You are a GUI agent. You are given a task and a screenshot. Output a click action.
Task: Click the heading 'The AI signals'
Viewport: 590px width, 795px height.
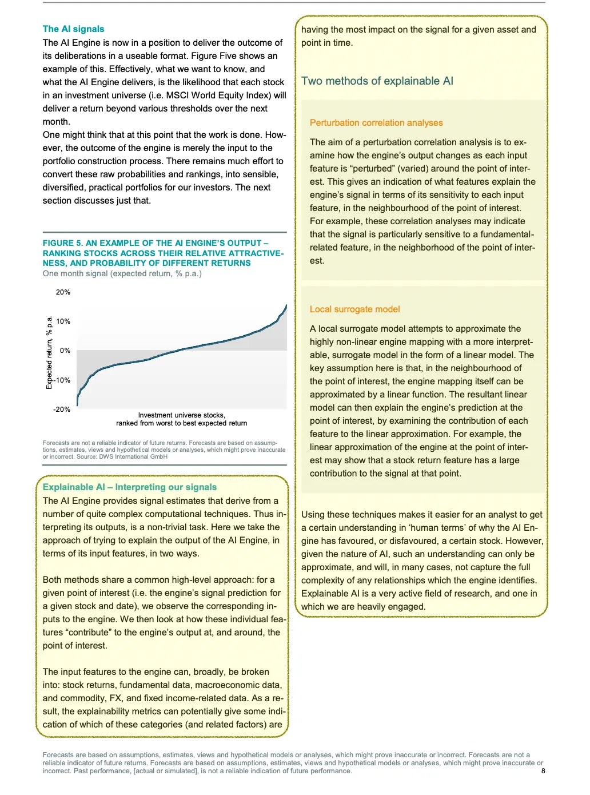tap(73, 29)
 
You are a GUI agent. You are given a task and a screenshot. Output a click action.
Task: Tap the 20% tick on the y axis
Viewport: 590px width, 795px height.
tap(63, 292)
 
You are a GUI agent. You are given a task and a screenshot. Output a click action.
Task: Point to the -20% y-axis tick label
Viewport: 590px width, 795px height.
tap(62, 410)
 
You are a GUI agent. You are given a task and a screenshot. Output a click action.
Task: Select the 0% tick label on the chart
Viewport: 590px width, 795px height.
tap(65, 351)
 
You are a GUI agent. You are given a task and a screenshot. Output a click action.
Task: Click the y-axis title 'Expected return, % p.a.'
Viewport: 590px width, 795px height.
tap(49, 353)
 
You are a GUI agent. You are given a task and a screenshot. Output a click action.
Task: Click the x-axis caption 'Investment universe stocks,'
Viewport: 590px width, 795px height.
tap(181, 415)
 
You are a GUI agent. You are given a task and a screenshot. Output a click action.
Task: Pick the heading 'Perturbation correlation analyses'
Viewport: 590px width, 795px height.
tap(376, 123)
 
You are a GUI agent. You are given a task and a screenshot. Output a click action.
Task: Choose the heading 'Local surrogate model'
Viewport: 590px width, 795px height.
tap(354, 309)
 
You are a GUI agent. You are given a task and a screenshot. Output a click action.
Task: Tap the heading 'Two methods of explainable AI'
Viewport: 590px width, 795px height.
tap(377, 81)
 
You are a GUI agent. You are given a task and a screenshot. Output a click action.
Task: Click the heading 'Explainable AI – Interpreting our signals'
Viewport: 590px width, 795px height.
tap(130, 487)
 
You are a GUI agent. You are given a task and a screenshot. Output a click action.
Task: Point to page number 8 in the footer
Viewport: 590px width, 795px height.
tap(543, 771)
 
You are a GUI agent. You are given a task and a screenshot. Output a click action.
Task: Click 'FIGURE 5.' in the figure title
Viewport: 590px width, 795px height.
tap(62, 243)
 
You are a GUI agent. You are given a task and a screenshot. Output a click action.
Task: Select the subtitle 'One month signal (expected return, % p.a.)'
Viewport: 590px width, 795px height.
tap(122, 274)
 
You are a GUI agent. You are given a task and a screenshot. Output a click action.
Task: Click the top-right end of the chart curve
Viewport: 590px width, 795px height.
tap(286, 305)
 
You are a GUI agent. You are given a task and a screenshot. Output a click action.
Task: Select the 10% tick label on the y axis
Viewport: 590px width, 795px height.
tap(63, 321)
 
